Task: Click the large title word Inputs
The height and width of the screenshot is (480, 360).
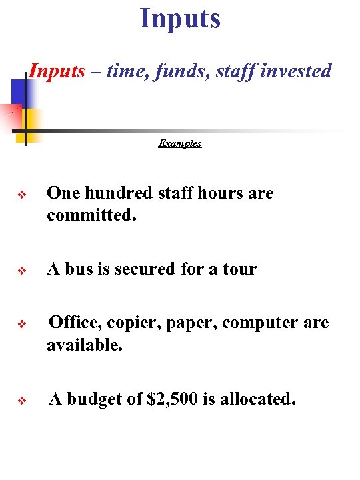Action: pyautogui.click(x=180, y=18)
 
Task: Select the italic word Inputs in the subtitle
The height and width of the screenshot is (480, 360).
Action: pyautogui.click(x=57, y=71)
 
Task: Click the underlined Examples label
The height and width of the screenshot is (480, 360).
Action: pyautogui.click(x=180, y=143)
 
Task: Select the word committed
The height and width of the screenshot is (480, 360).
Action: pyautogui.click(x=91, y=216)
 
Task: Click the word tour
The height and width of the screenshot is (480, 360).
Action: pyautogui.click(x=239, y=269)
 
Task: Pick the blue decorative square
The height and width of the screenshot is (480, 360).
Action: pyautogui.click(x=18, y=91)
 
